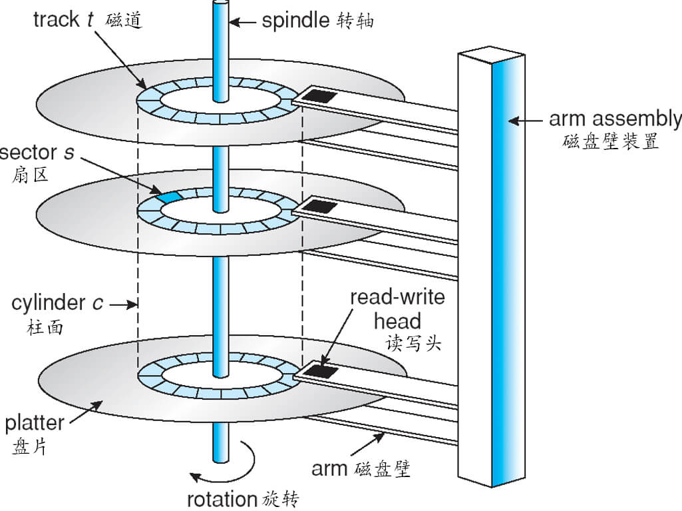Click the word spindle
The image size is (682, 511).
click(x=295, y=21)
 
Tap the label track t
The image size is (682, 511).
click(x=63, y=19)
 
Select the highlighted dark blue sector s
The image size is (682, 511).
click(x=169, y=197)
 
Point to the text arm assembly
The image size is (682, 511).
click(x=615, y=119)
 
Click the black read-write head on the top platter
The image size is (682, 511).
click(x=319, y=96)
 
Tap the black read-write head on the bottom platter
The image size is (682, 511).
click(x=321, y=371)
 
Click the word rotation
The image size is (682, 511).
click(x=222, y=499)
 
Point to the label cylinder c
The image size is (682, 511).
click(x=57, y=302)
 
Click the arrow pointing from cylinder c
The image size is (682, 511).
click(x=124, y=304)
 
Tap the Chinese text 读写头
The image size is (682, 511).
click(x=413, y=343)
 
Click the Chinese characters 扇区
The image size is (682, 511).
click(x=30, y=175)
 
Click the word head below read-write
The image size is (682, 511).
click(x=397, y=321)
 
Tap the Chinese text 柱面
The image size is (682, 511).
click(x=45, y=327)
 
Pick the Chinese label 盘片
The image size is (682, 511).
click(x=29, y=446)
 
